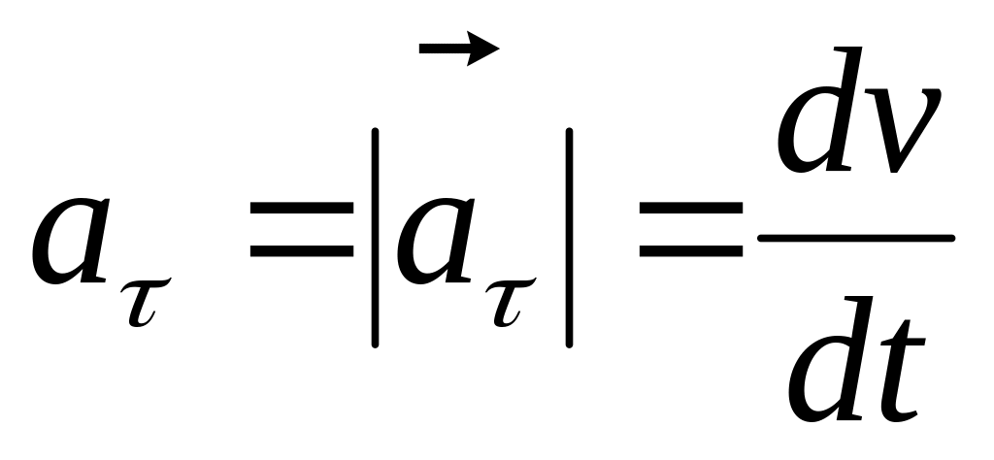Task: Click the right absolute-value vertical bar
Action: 569,237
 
